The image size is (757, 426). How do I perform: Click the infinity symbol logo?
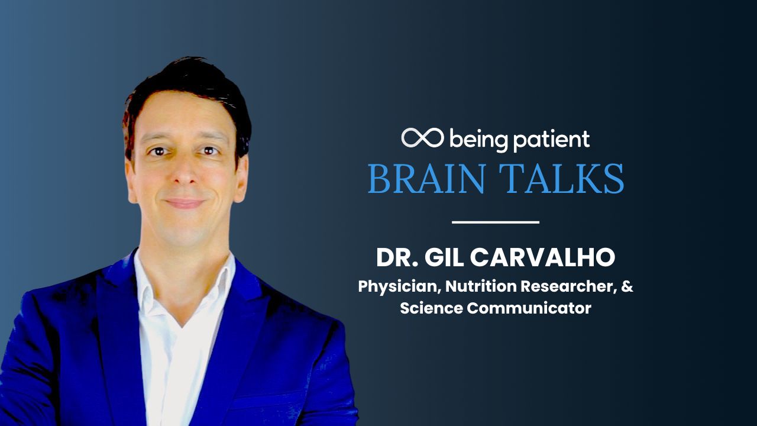[x=422, y=138]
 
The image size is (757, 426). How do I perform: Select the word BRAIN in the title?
[x=426, y=179]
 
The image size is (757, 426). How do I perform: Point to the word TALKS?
[x=561, y=179]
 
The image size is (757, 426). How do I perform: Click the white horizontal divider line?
[x=496, y=222]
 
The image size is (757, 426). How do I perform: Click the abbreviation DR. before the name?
[x=397, y=257]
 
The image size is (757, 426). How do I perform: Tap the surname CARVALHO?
[x=543, y=257]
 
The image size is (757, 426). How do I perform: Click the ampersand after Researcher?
[x=627, y=286]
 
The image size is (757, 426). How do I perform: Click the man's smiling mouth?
[x=185, y=203]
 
